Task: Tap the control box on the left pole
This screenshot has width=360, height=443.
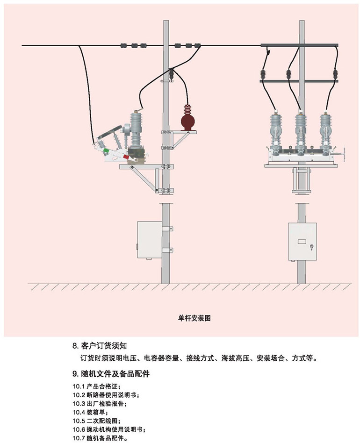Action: click(x=149, y=239)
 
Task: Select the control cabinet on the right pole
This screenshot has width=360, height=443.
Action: click(x=302, y=242)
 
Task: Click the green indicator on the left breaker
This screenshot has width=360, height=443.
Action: click(x=106, y=150)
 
